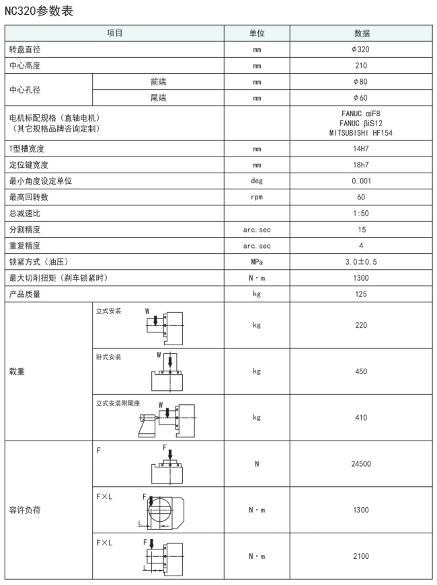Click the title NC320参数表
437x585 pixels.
tap(38, 11)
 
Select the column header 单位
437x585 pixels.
tap(257, 33)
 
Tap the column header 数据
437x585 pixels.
tap(361, 33)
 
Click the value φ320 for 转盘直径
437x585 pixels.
tap(361, 50)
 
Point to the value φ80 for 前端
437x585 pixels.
tap(361, 82)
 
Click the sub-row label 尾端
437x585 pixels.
tap(159, 98)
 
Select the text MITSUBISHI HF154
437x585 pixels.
tap(361, 133)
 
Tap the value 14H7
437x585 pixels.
tap(361, 148)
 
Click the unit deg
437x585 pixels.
tap(257, 181)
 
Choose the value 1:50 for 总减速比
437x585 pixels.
tap(361, 213)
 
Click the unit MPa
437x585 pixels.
tap(257, 262)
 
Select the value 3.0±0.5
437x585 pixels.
tap(361, 262)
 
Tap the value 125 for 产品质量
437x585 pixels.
tap(361, 294)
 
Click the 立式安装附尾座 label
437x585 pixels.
tap(118, 403)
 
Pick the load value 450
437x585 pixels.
tap(361, 371)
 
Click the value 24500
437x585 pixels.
tap(361, 463)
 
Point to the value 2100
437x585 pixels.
tap(361, 556)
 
